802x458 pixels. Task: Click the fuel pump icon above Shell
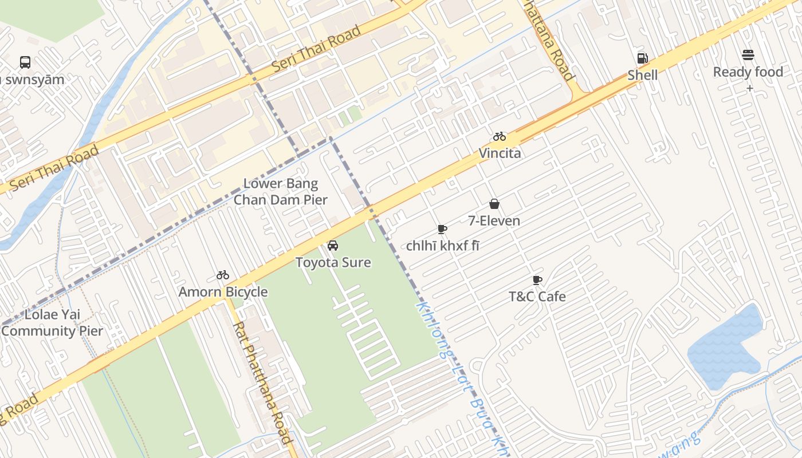642,58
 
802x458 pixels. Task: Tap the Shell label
642,75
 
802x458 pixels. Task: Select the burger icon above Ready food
748,55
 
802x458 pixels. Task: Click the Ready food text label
748,72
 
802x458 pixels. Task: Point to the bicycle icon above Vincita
500,136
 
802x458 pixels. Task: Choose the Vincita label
500,153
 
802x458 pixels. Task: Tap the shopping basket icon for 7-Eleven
494,204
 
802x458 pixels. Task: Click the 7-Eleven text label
494,221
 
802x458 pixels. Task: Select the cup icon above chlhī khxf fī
442,229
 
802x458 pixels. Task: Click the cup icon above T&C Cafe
537,280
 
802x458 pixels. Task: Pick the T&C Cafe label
537,297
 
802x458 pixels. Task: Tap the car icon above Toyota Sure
332,246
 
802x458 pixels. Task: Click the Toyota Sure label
333,263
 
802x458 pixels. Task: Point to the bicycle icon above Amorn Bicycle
223,275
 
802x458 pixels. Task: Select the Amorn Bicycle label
223,292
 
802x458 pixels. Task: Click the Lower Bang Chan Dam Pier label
280,192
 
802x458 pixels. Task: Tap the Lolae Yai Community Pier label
52,323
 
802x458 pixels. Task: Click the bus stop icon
25,62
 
